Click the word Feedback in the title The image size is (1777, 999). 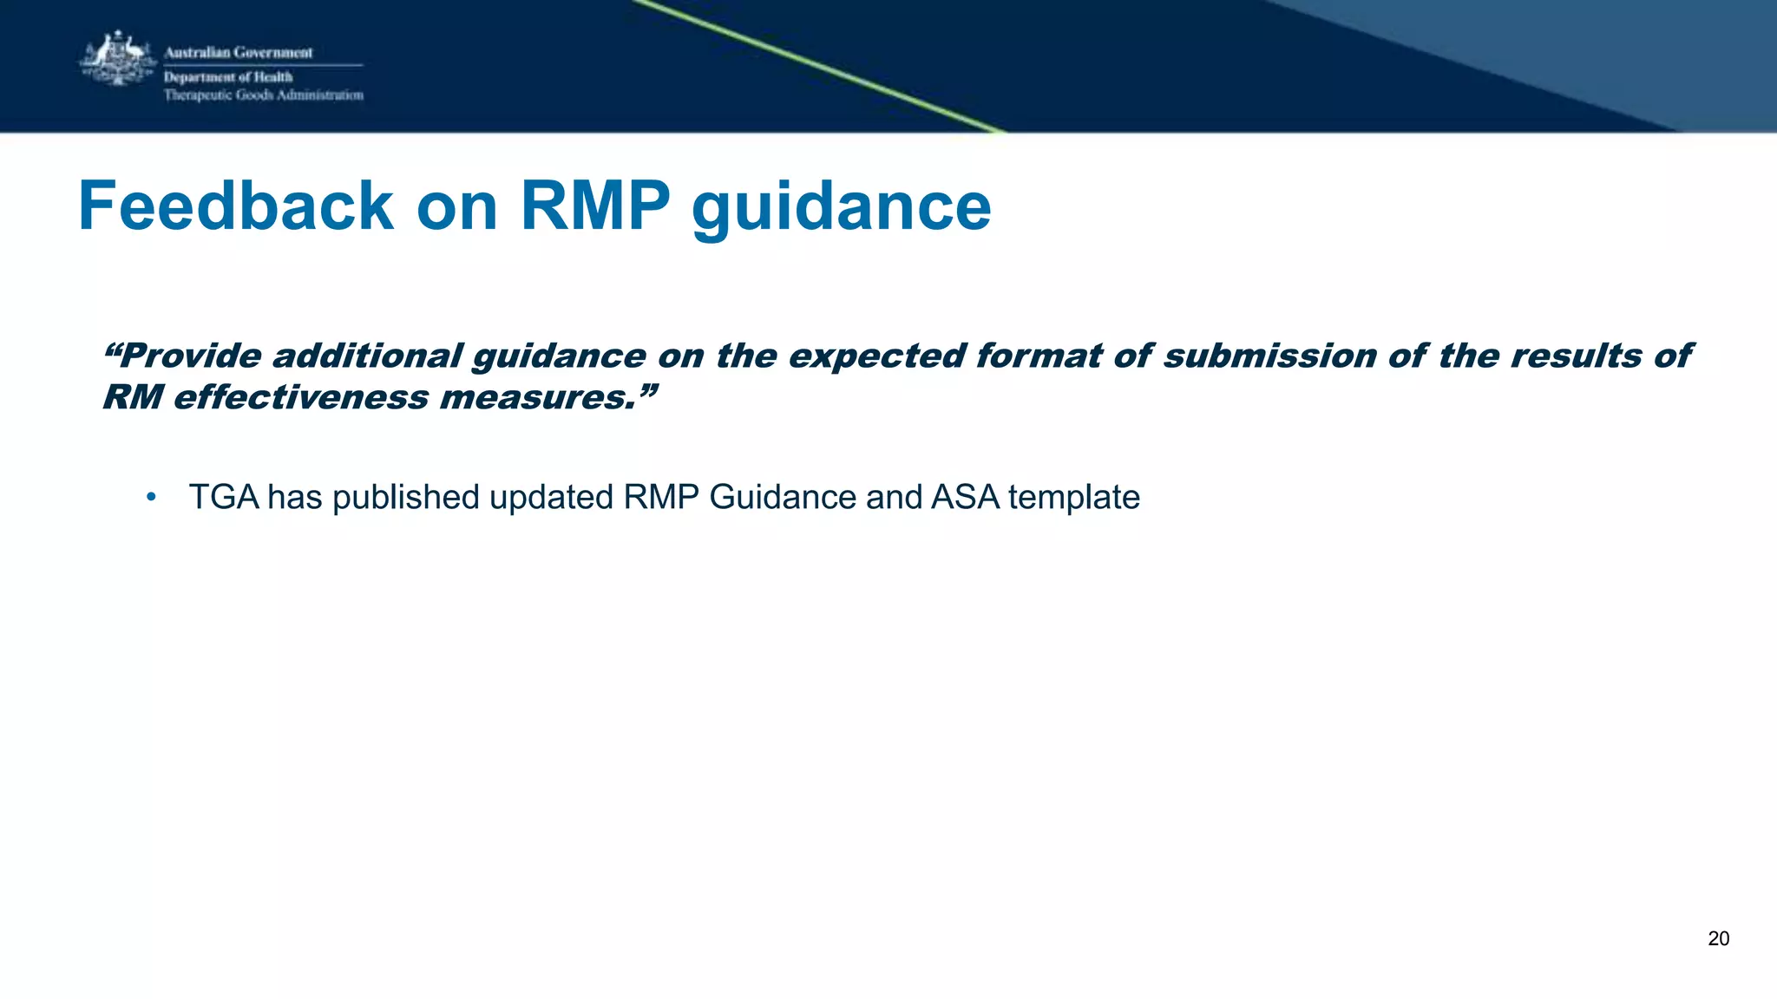coord(236,206)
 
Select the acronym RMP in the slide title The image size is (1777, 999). coord(595,206)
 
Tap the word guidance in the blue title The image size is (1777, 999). coord(841,208)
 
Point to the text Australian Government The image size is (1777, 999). coord(239,53)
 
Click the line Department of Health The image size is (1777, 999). coord(228,77)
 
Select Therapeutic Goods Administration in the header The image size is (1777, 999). coord(264,95)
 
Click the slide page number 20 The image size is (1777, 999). coord(1718,938)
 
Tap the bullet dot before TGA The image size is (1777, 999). coord(151,497)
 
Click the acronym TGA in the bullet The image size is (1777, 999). coord(224,497)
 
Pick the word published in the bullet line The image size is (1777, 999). coord(406,498)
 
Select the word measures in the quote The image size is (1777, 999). coord(538,397)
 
